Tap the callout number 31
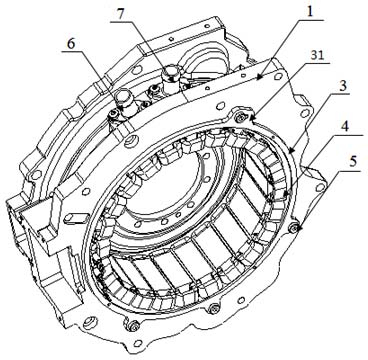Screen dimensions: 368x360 click(317, 55)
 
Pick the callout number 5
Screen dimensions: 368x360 click(353, 162)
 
